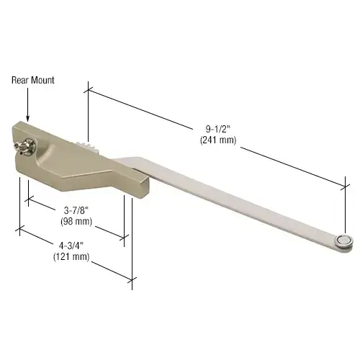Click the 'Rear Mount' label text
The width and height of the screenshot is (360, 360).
pos(33,81)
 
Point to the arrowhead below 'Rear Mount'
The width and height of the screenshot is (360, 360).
pos(27,118)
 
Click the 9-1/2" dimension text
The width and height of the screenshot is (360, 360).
pos(215,130)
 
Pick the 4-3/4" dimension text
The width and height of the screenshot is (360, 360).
pos(69,246)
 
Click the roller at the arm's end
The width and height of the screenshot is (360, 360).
pos(346,241)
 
